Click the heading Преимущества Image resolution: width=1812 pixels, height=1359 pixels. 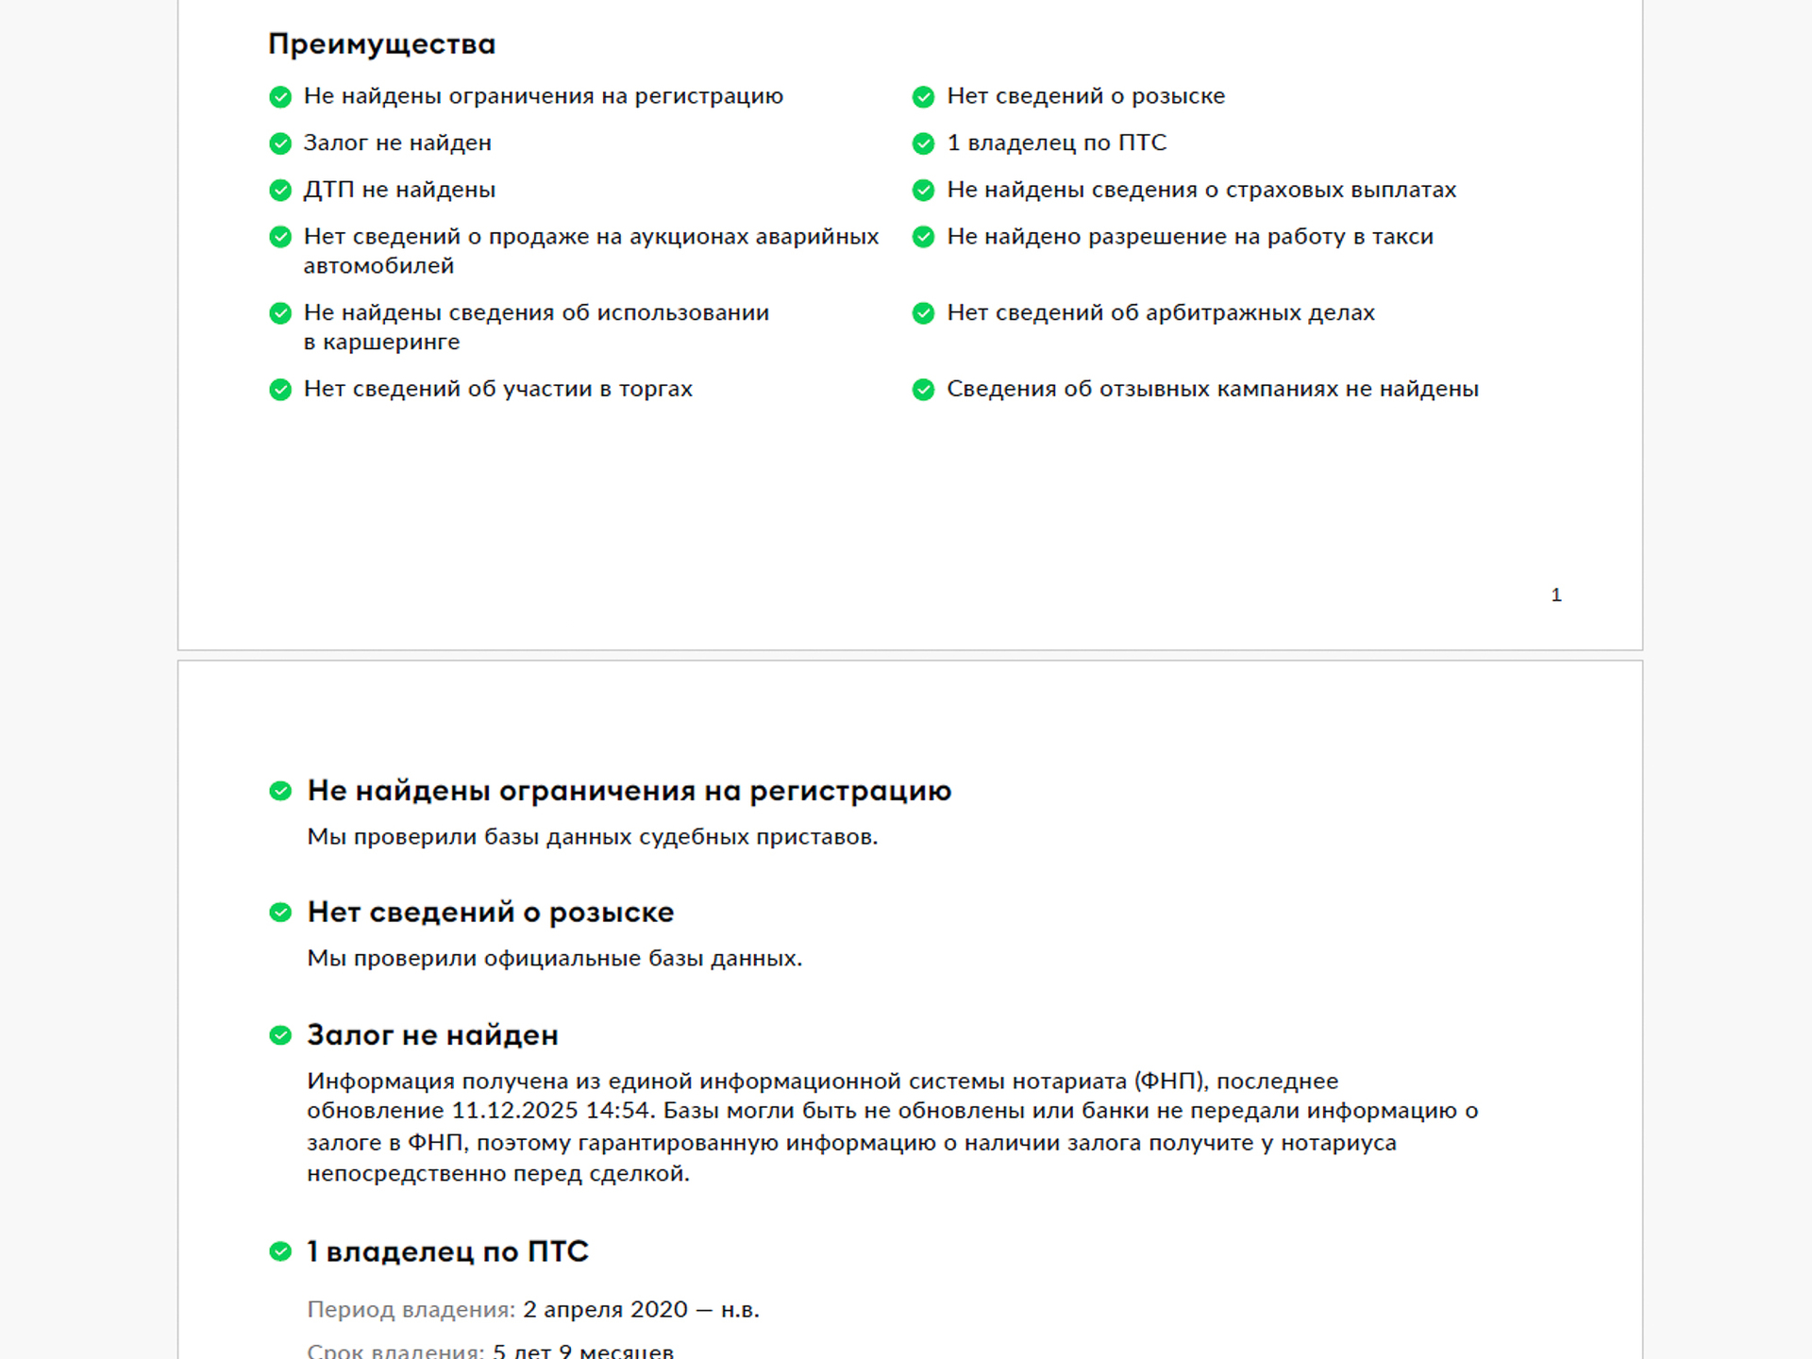(x=381, y=44)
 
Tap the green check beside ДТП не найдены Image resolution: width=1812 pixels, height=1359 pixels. (x=280, y=191)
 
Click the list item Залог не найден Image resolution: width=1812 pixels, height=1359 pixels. (x=397, y=143)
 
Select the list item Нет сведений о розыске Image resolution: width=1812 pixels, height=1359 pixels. (x=1085, y=96)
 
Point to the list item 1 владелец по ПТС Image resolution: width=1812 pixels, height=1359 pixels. (x=1056, y=143)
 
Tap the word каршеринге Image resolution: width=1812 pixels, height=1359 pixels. (x=391, y=343)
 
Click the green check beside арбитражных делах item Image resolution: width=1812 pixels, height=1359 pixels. (x=923, y=313)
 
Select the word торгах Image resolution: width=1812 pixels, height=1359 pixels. (x=655, y=389)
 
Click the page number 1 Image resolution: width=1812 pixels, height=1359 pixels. (x=1556, y=595)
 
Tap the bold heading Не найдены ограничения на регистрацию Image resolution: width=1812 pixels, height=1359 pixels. (x=629, y=791)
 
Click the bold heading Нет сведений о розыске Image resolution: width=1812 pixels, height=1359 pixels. (x=491, y=913)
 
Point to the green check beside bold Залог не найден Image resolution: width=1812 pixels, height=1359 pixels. (x=280, y=1035)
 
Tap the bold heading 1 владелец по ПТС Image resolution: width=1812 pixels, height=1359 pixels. (x=447, y=1251)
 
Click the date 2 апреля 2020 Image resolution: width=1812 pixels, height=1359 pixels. (x=605, y=1310)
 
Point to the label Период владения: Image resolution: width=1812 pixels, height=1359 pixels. (x=411, y=1310)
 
